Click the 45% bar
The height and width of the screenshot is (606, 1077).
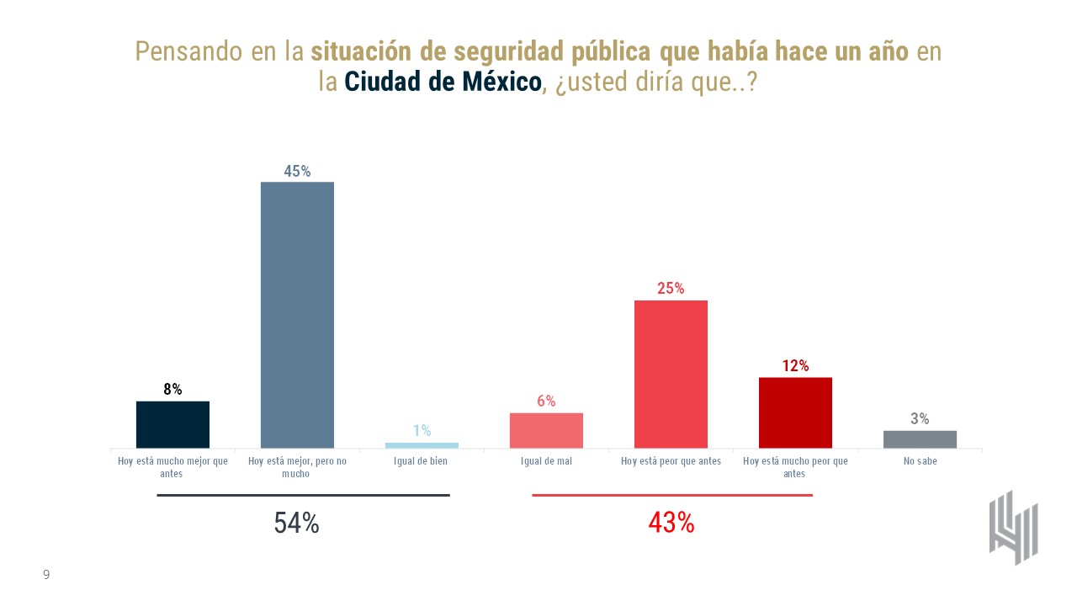(297, 315)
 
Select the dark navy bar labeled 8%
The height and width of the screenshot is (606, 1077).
(172, 424)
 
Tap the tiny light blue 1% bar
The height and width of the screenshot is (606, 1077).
(422, 445)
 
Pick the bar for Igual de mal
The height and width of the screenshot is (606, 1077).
(546, 430)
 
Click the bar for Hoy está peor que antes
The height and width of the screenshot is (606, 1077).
(671, 374)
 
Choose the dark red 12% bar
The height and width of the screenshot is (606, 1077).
(795, 412)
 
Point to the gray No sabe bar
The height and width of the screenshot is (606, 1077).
(920, 439)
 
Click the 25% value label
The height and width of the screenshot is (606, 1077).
(671, 288)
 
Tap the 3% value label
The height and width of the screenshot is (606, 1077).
(920, 418)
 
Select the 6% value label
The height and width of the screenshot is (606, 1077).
(546, 401)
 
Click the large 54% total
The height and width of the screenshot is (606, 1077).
(296, 523)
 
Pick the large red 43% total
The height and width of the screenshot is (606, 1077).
(671, 523)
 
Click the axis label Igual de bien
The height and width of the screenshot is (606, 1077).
(422, 461)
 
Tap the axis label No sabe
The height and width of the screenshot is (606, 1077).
(920, 461)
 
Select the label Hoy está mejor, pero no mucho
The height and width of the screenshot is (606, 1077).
(297, 467)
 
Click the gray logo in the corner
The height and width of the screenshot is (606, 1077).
(1013, 527)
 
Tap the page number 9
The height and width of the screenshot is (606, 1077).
(46, 575)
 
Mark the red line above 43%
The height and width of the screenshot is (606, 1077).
(672, 496)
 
